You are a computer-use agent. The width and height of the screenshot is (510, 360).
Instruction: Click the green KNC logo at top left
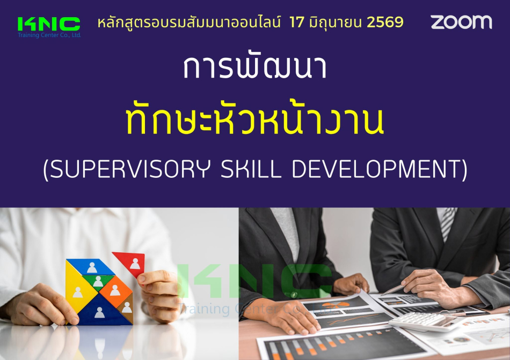point(49,24)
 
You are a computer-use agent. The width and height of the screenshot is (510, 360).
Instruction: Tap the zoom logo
point(461,22)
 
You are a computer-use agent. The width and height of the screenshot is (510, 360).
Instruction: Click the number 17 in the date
point(297,22)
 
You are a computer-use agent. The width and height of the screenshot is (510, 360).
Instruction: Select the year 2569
point(385,22)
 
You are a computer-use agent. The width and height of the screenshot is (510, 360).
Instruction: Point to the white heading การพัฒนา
point(255,67)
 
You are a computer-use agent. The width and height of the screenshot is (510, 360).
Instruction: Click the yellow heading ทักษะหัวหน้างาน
point(255,119)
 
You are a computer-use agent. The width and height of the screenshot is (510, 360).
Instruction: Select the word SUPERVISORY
point(130,169)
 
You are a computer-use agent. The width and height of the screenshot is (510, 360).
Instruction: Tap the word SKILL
point(251,169)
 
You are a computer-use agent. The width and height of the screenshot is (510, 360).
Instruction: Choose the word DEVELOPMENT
point(376,169)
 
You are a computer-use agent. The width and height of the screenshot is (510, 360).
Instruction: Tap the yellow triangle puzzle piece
point(77,290)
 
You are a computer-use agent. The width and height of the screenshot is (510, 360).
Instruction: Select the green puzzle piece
point(98,281)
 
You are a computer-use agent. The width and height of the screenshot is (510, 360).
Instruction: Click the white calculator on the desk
point(426,321)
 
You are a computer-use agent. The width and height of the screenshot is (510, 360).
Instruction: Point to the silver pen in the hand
point(394,290)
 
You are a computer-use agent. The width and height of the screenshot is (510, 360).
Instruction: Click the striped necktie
point(448,223)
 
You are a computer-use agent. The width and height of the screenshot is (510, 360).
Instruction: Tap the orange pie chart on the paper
point(333,305)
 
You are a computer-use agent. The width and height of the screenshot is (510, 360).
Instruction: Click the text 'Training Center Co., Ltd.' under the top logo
point(49,35)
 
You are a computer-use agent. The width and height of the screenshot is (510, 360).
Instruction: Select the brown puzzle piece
point(126,309)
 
